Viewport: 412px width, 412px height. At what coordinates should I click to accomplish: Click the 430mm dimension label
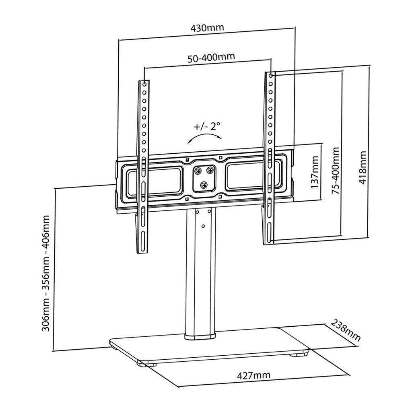[x=207, y=28]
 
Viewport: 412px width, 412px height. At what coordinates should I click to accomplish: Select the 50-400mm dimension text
[x=211, y=57]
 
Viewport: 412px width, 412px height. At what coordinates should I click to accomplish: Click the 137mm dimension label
[x=315, y=173]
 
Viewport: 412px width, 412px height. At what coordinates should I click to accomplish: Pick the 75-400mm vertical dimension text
[x=335, y=171]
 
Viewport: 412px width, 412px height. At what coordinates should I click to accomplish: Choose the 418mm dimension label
[x=363, y=168]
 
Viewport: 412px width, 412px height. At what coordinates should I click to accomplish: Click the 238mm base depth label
[x=346, y=330]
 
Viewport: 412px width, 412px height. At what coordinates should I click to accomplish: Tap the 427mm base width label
[x=253, y=376]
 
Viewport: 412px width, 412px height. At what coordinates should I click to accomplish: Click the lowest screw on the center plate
[x=204, y=185]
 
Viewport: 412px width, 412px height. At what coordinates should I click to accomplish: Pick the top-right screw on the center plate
[x=210, y=171]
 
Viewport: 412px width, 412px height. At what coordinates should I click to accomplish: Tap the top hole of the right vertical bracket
[x=271, y=75]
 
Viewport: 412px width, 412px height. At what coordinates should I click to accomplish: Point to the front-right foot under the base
[x=298, y=354]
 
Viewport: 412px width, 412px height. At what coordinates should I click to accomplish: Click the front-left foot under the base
[x=142, y=364]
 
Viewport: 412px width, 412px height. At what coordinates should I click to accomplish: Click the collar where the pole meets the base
[x=200, y=336]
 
